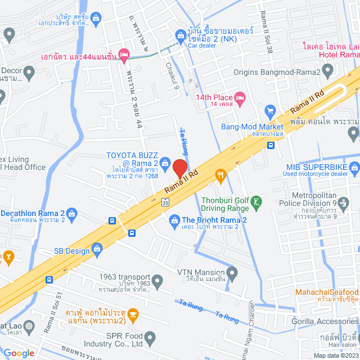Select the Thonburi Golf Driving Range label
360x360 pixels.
pos(225,203)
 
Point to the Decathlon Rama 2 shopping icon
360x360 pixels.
pos(71,213)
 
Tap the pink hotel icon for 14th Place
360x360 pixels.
pos(239,97)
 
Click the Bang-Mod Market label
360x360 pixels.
pos(251,127)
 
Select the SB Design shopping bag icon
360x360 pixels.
pos(97,248)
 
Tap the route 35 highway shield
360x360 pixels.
pos(165,202)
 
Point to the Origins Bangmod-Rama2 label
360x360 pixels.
pos(278,72)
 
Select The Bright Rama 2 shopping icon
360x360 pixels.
pos(174,220)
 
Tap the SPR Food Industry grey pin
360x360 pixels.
pos(150,339)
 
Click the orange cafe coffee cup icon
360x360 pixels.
pos(133,313)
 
